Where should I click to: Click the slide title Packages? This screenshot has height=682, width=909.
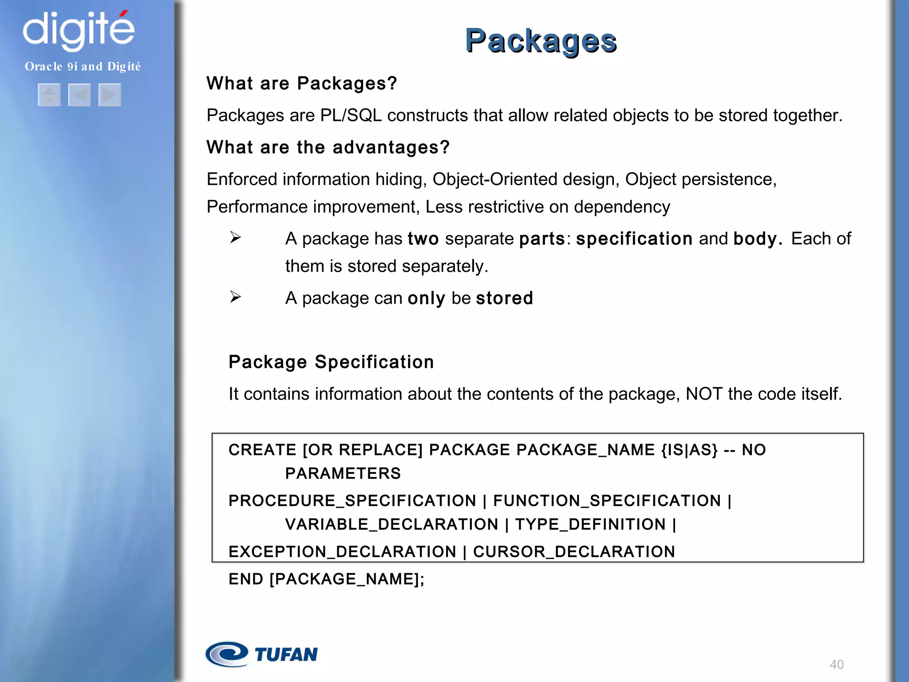coord(541,41)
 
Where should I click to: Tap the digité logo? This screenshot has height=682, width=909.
coord(79,29)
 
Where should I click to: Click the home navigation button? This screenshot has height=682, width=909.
coord(49,95)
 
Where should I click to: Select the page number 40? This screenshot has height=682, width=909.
coord(837,665)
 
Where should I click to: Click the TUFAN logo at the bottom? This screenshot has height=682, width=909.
coord(262,654)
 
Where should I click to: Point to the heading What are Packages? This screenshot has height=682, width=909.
coord(301,83)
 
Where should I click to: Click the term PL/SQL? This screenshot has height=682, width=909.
coord(351,115)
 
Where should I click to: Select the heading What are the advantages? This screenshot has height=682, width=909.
coord(328,147)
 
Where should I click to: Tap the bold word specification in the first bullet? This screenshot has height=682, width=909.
coord(634,239)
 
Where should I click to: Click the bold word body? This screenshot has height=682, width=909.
coord(757,239)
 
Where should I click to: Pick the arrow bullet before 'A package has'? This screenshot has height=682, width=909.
coord(235,238)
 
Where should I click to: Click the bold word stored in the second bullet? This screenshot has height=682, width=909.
coord(504,298)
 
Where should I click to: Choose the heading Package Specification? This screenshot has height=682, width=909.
coord(331,362)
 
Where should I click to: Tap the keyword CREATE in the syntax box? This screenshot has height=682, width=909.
coord(262,450)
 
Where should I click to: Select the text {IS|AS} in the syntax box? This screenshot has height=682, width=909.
coord(689,450)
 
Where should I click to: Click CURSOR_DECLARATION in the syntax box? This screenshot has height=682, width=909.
coord(574,551)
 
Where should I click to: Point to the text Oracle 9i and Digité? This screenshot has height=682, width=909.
coord(83,67)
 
